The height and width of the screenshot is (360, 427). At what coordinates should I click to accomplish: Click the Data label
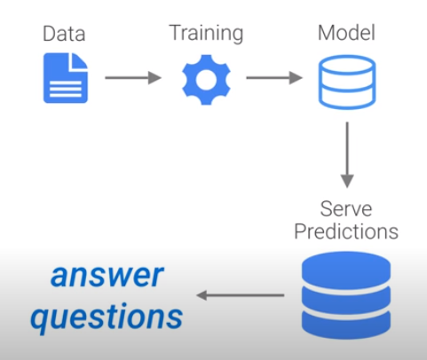click(66, 35)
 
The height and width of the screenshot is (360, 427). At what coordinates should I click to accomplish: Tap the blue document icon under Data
click(66, 78)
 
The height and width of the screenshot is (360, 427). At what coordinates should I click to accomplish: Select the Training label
click(206, 35)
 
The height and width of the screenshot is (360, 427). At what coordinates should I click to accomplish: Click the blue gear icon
click(205, 78)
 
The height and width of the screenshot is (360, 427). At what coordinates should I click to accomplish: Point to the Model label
click(345, 35)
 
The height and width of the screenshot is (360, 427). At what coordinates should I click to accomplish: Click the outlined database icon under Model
click(345, 80)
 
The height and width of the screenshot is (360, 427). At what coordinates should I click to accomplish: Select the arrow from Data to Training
click(133, 78)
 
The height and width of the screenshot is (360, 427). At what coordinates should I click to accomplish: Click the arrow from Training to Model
click(274, 78)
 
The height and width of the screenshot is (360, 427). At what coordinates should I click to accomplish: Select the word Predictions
click(345, 232)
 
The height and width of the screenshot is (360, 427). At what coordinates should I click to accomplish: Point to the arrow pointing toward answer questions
click(240, 294)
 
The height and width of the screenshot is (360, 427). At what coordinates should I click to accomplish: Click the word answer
click(107, 277)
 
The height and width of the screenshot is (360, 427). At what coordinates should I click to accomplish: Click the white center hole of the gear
click(205, 78)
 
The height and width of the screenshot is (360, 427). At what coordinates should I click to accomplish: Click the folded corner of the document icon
click(82, 60)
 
